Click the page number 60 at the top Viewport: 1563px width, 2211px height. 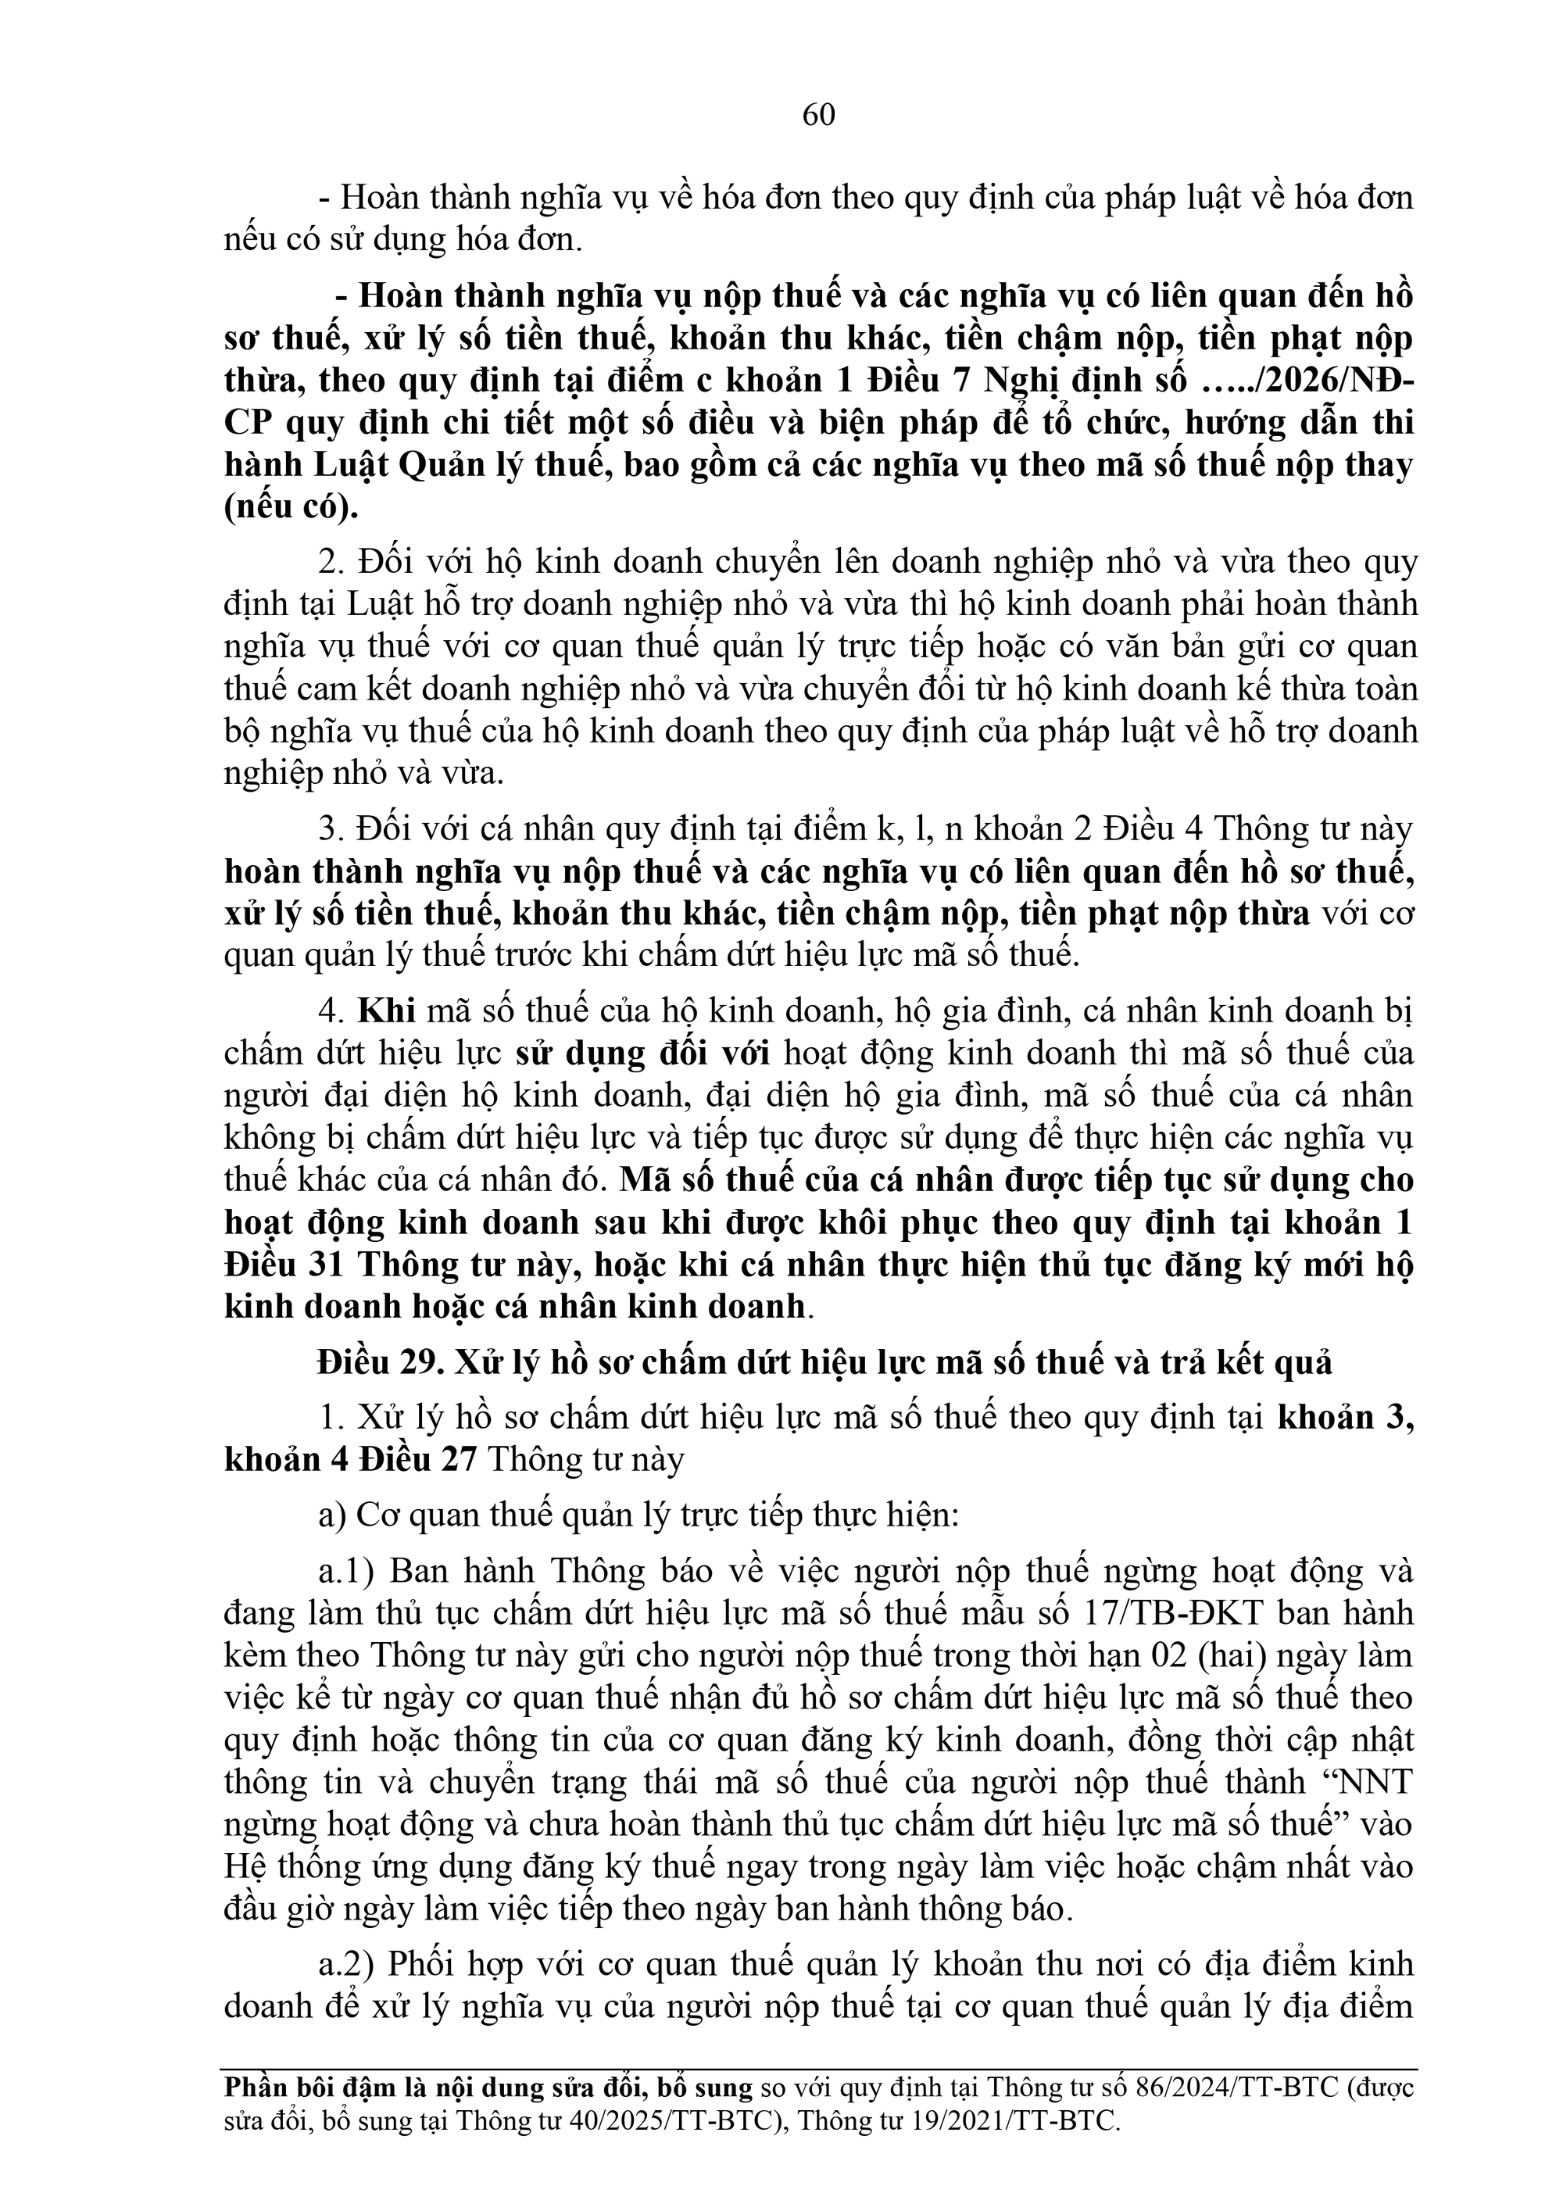818,116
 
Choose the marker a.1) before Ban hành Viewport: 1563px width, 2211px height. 347,1572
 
